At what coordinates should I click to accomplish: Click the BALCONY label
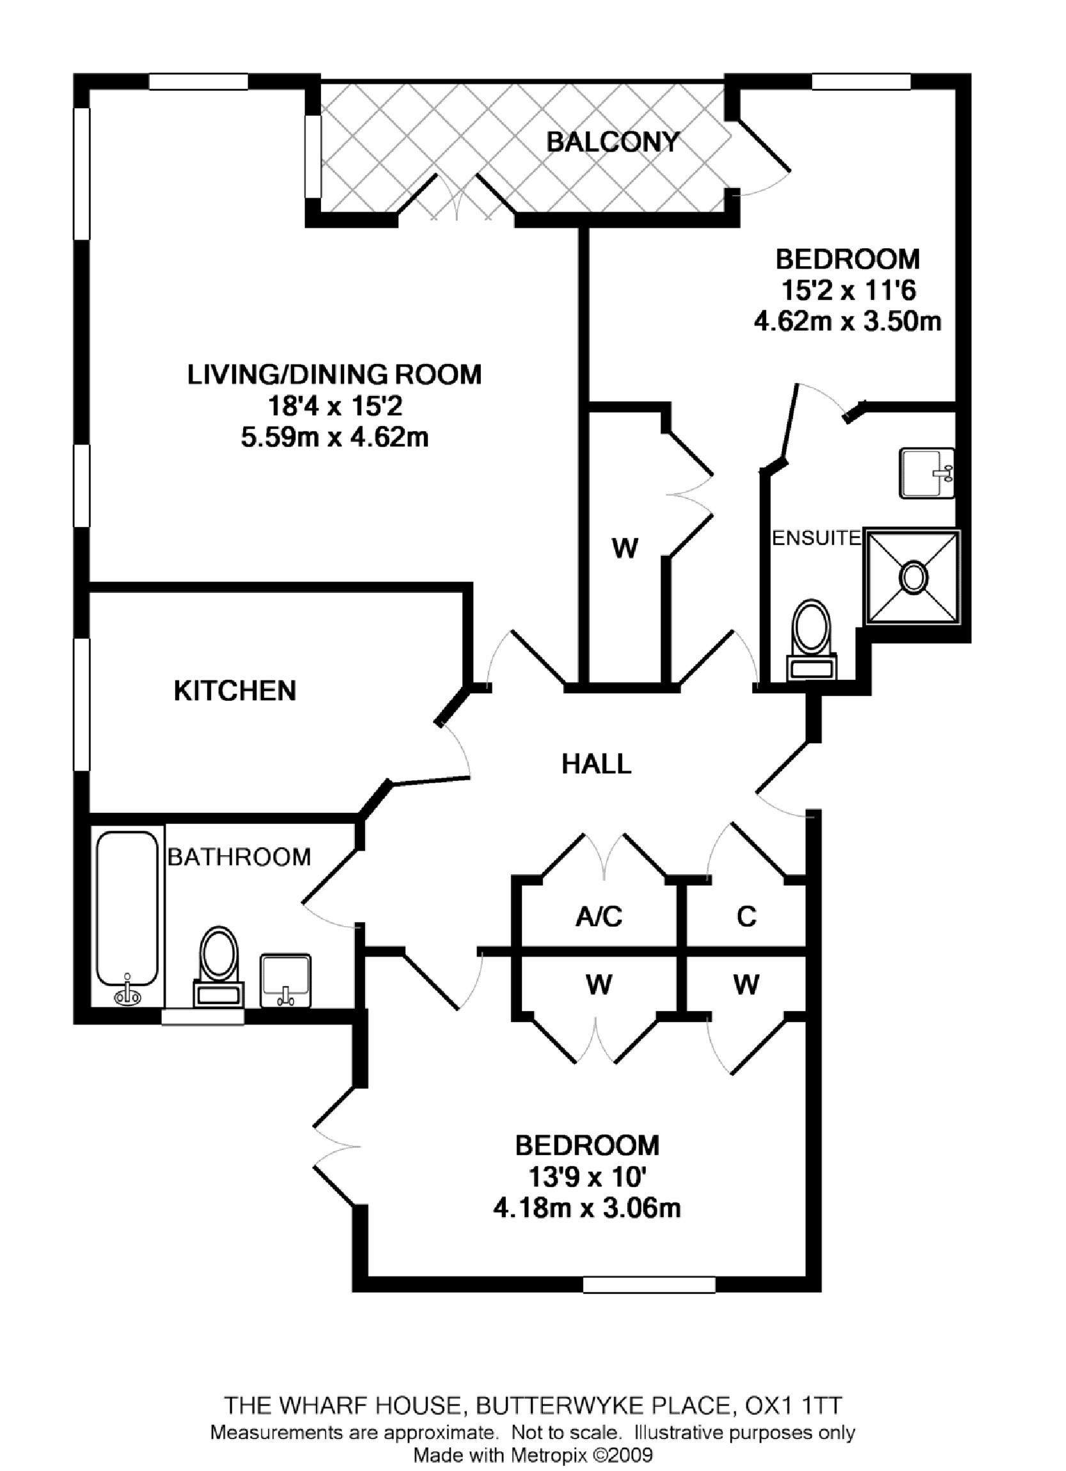[612, 141]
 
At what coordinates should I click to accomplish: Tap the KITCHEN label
[235, 691]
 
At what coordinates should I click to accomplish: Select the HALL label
[596, 764]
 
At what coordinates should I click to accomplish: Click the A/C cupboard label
[599, 916]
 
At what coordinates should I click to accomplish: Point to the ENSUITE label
[816, 538]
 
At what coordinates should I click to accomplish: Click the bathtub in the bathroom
[127, 915]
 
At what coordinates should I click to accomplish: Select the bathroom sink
[285, 979]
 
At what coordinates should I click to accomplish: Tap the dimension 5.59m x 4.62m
[334, 438]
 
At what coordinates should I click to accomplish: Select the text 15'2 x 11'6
[847, 290]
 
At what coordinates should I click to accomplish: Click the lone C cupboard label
[746, 916]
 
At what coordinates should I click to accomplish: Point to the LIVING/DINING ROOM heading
[334, 375]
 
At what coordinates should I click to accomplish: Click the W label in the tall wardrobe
[624, 549]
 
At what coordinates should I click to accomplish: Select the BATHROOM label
[239, 857]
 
